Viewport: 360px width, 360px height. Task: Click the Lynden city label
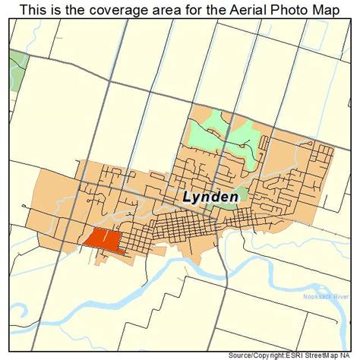pos(211,196)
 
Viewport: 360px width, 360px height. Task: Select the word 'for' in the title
pos(188,10)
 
